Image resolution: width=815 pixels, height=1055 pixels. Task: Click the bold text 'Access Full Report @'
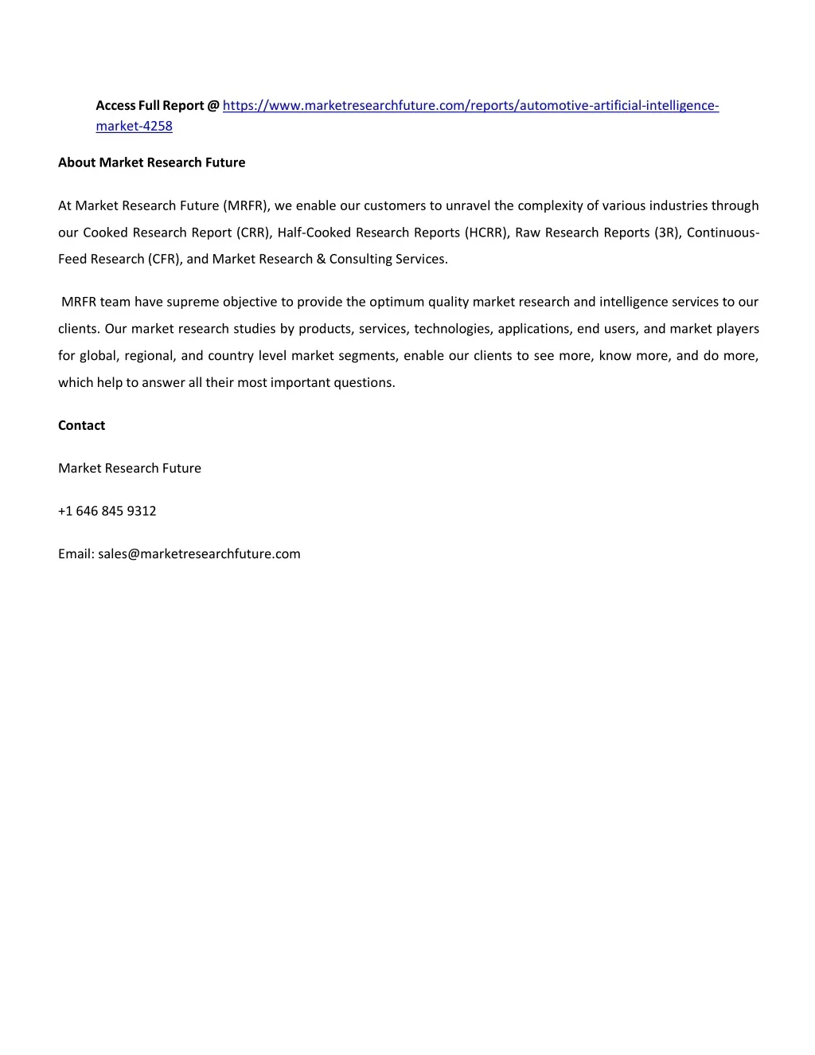pos(158,106)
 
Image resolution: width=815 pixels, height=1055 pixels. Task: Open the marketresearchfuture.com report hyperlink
pos(470,106)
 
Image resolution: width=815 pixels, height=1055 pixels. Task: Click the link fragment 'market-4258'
pos(134,126)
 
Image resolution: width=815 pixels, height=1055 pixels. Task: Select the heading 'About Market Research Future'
pos(151,162)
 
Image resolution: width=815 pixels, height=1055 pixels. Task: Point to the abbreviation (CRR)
pos(253,232)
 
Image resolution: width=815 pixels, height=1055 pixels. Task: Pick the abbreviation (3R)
pos(667,232)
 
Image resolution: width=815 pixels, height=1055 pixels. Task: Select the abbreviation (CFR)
pos(165,259)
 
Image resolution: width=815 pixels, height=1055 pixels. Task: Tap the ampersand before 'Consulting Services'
pos(321,259)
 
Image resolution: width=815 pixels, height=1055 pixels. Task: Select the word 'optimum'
pos(397,302)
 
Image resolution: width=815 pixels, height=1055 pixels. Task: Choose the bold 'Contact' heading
pos(81,425)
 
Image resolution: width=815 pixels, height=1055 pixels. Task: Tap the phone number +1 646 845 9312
pos(107,511)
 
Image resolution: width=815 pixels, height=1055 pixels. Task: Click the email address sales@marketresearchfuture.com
pos(199,554)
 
